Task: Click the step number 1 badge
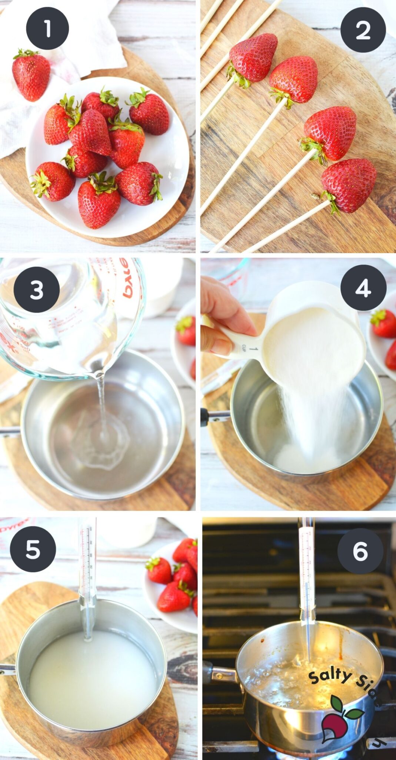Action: (x=47, y=28)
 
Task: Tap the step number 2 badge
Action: (x=363, y=30)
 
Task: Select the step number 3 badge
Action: (x=36, y=290)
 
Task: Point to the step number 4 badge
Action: (x=363, y=288)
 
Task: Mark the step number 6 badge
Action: (x=360, y=551)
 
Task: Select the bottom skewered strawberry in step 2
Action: (x=348, y=185)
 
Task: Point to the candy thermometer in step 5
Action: (x=88, y=579)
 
